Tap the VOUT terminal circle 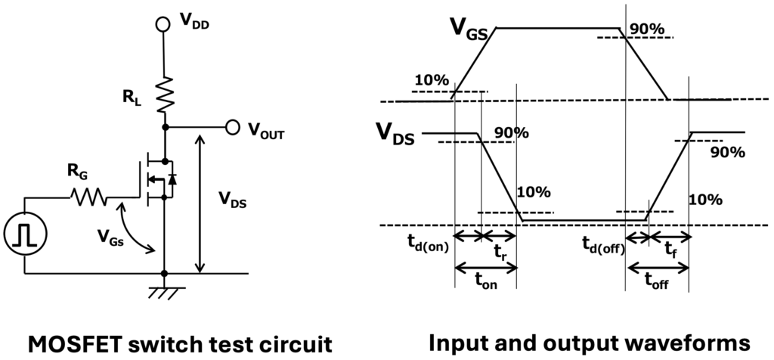pos(234,127)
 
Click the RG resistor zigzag pos(89,197)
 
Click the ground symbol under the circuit pos(164,292)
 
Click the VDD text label pos(193,23)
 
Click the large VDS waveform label pos(395,135)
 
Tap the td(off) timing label pos(602,244)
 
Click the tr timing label pos(500,250)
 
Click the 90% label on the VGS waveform pos(647,29)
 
